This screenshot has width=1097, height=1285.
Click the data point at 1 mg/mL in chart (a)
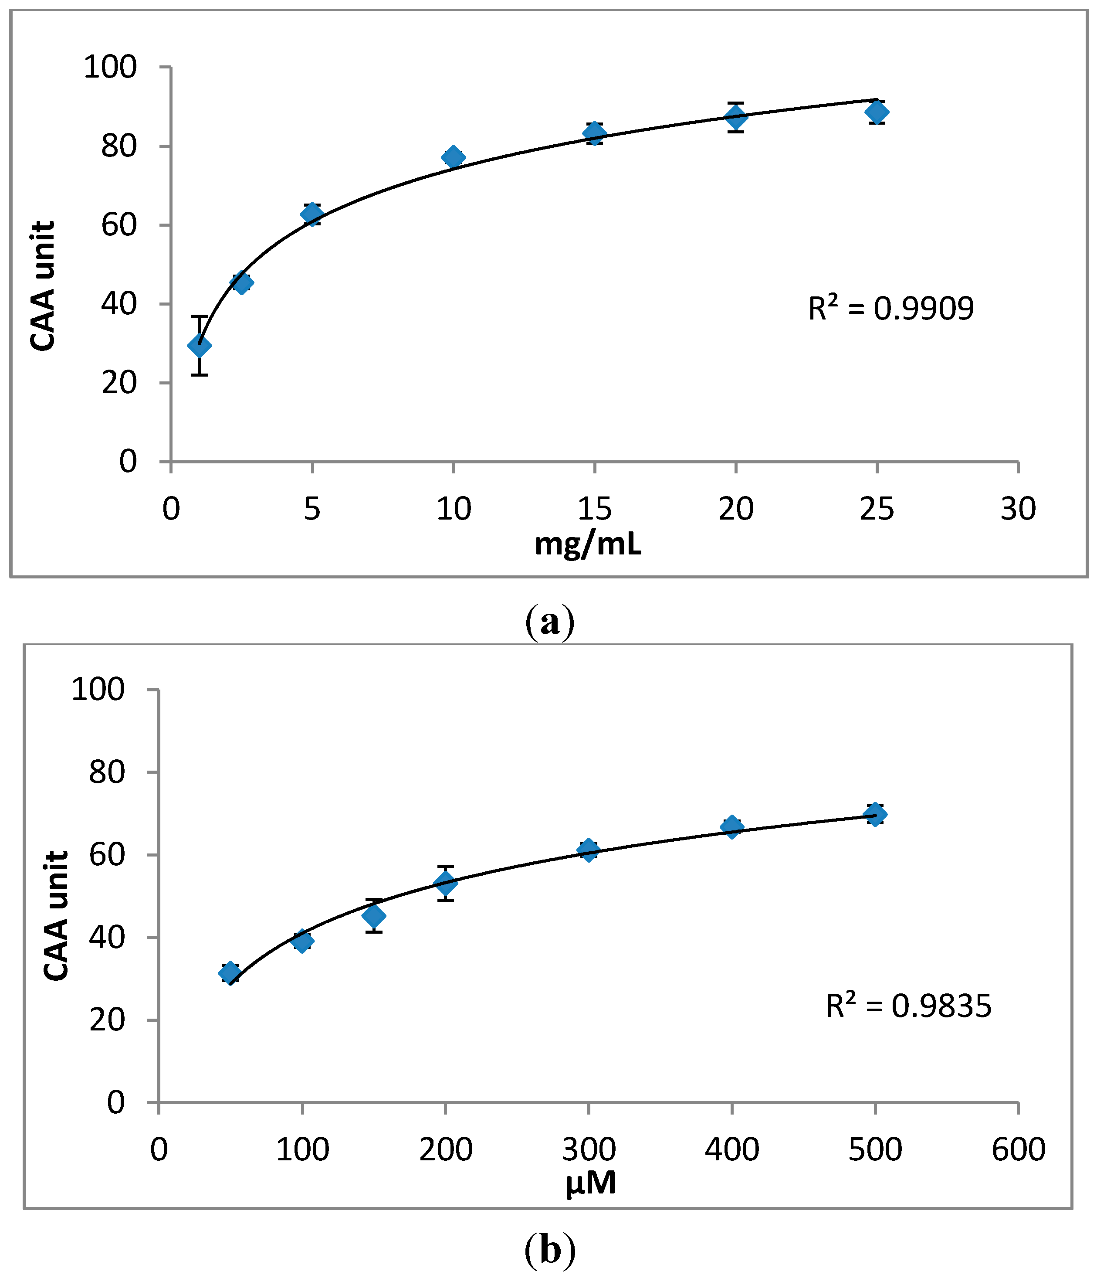click(x=199, y=345)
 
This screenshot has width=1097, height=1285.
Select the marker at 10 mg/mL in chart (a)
click(x=454, y=157)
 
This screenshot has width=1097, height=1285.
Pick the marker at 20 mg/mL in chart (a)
click(x=736, y=116)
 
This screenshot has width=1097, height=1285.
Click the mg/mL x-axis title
click(x=588, y=544)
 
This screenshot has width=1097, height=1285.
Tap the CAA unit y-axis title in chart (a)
click(x=44, y=286)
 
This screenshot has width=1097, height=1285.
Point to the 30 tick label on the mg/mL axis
click(x=1018, y=509)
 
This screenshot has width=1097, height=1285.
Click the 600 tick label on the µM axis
click(x=1018, y=1149)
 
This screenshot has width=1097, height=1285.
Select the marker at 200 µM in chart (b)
click(x=445, y=883)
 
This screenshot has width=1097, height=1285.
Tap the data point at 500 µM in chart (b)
click(x=874, y=814)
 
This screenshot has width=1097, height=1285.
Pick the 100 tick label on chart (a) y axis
click(x=110, y=67)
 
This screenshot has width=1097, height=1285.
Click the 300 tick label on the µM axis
click(x=589, y=1149)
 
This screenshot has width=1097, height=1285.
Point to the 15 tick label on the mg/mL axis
click(x=594, y=509)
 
